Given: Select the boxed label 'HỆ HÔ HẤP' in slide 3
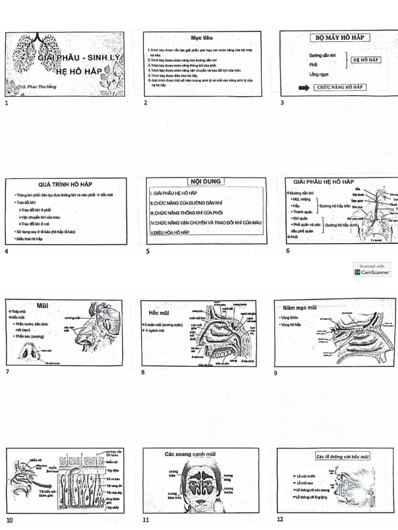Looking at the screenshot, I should tap(366, 60).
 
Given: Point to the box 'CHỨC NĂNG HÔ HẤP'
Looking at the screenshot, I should tap(339, 87).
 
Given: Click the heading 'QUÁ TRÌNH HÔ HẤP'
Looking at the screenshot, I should tap(65, 184).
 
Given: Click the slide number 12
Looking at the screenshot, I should tap(280, 519).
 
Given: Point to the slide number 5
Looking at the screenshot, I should tap(148, 252).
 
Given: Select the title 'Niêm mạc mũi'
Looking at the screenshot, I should tap(300, 307).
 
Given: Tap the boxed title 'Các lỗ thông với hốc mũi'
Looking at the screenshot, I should tap(343, 457).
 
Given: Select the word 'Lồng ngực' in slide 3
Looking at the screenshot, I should tap(318, 75).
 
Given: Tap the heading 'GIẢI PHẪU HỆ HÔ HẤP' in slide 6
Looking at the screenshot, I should tap(323, 182).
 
